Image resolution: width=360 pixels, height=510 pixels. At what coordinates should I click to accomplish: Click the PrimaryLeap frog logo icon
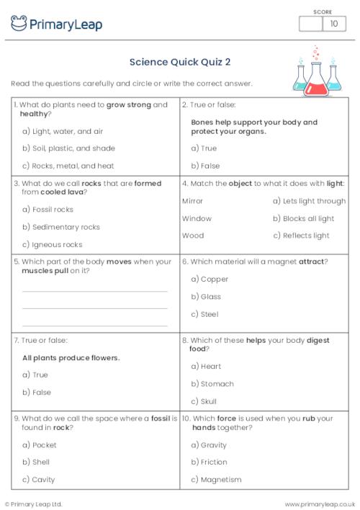(19, 24)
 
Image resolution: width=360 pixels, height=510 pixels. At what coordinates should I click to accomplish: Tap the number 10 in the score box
(333, 24)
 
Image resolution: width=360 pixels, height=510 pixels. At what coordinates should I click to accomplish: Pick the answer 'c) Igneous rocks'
(53, 244)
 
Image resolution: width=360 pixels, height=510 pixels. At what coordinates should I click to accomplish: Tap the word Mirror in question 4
(192, 201)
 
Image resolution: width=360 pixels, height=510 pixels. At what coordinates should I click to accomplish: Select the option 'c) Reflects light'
(301, 236)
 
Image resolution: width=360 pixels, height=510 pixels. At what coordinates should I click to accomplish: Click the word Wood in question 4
(192, 236)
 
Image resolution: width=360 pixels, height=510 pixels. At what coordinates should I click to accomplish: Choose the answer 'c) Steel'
(205, 314)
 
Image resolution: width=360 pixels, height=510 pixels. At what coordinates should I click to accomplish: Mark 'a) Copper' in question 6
(210, 279)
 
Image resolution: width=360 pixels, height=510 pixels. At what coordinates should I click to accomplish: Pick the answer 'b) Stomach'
(212, 384)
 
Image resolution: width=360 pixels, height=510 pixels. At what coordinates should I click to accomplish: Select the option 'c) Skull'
(204, 401)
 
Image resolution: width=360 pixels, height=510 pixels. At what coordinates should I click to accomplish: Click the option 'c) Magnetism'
(216, 480)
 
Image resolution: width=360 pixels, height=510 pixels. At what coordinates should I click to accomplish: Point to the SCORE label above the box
(323, 11)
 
